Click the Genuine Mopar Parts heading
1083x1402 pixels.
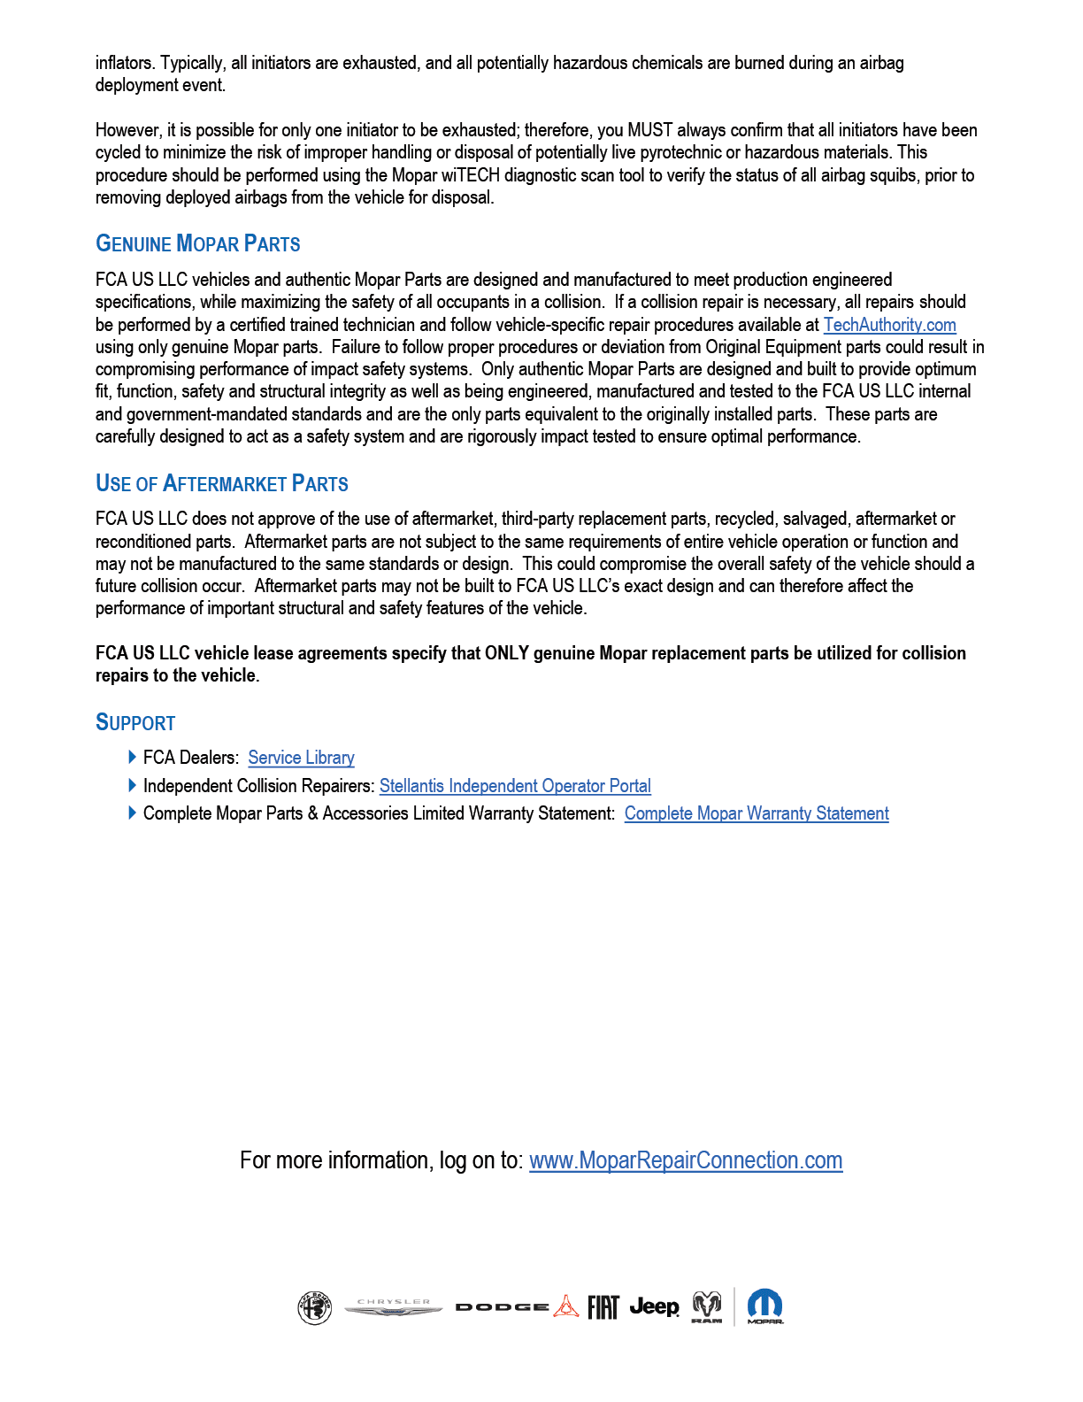[x=197, y=243]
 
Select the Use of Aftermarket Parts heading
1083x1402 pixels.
[x=221, y=483]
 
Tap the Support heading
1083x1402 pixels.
[x=135, y=723]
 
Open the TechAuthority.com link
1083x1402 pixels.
[x=889, y=325]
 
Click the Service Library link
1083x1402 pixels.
[x=301, y=758]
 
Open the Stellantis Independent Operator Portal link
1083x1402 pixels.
[x=515, y=786]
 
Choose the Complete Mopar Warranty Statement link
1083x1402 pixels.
[x=757, y=813]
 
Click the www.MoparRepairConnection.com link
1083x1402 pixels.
[x=686, y=1160]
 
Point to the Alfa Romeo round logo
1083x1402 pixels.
[x=314, y=1307]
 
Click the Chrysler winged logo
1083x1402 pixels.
[x=393, y=1307]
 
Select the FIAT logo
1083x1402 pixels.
[x=603, y=1306]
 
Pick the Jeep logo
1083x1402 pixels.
[x=654, y=1306]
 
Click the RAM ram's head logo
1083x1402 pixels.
[x=706, y=1306]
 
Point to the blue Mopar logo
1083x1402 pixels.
[x=764, y=1306]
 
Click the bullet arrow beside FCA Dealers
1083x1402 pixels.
[x=133, y=757]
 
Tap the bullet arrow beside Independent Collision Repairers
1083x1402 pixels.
[x=133, y=785]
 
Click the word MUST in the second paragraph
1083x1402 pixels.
[x=650, y=130]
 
